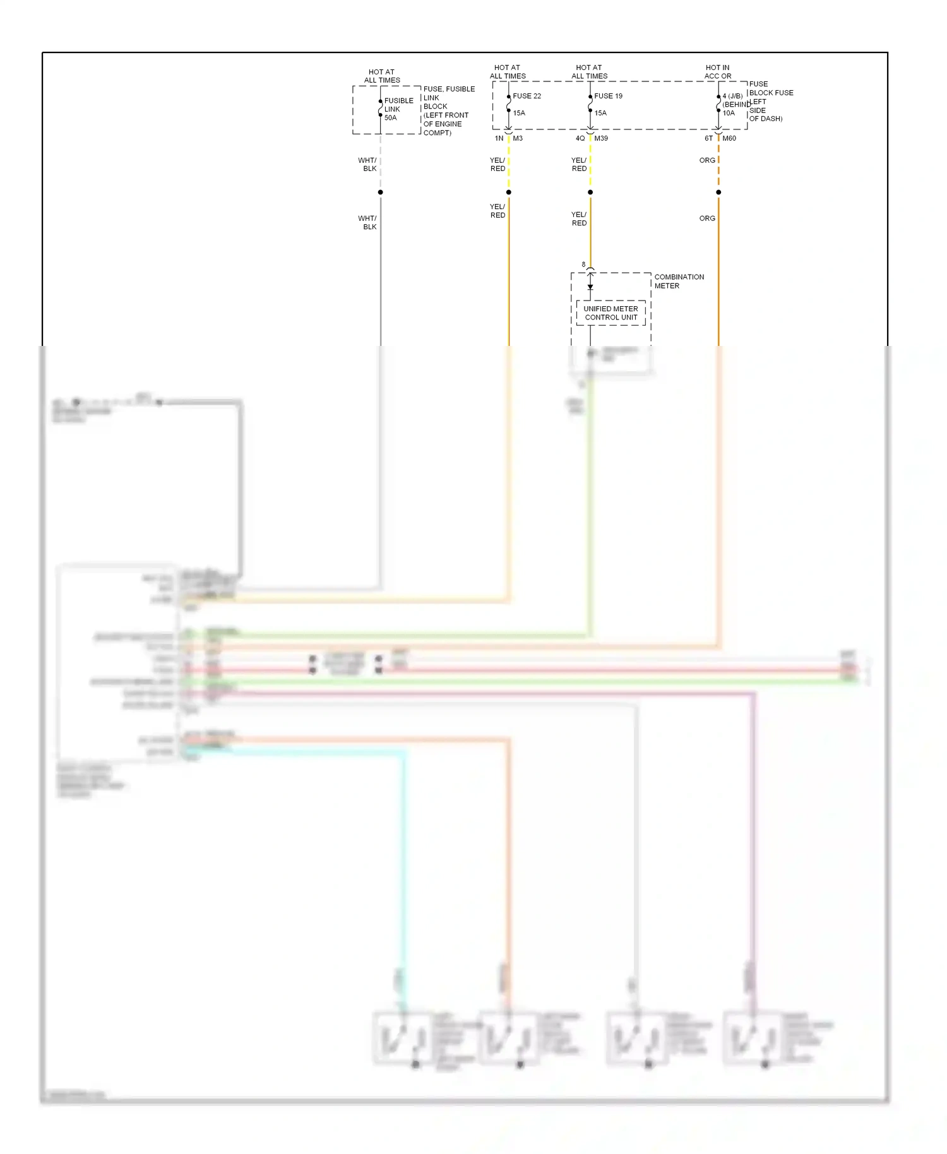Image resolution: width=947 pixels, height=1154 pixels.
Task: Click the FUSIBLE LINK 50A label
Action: tap(398, 109)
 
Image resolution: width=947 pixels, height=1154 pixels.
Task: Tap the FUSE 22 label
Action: tap(527, 96)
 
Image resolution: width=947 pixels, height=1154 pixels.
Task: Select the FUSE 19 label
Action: tap(608, 96)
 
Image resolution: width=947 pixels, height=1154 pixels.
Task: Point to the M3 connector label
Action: tap(518, 138)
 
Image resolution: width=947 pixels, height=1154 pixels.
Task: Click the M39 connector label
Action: tap(601, 138)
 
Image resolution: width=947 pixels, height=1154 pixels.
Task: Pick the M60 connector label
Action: tap(729, 138)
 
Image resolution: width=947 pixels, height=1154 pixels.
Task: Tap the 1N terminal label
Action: tap(499, 138)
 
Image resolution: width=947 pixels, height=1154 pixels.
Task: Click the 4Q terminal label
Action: tap(580, 138)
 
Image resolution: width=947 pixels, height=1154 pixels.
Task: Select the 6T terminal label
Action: tap(708, 138)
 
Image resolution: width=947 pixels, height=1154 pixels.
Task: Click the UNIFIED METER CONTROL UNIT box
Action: tap(610, 313)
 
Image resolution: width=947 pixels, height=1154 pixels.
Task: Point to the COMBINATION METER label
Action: tap(679, 282)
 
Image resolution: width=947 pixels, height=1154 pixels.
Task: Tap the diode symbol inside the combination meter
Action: tap(590, 287)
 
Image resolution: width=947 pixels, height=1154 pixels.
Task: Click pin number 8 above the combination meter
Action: tap(583, 265)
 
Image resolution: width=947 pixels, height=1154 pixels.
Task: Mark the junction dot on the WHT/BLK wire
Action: tap(380, 192)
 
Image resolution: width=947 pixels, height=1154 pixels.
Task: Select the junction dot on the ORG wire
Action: tap(718, 192)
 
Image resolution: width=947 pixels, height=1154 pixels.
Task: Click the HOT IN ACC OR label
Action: tap(718, 72)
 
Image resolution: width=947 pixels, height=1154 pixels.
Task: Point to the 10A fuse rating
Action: tap(729, 114)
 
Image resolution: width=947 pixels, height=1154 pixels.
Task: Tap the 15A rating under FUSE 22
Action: tap(519, 113)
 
